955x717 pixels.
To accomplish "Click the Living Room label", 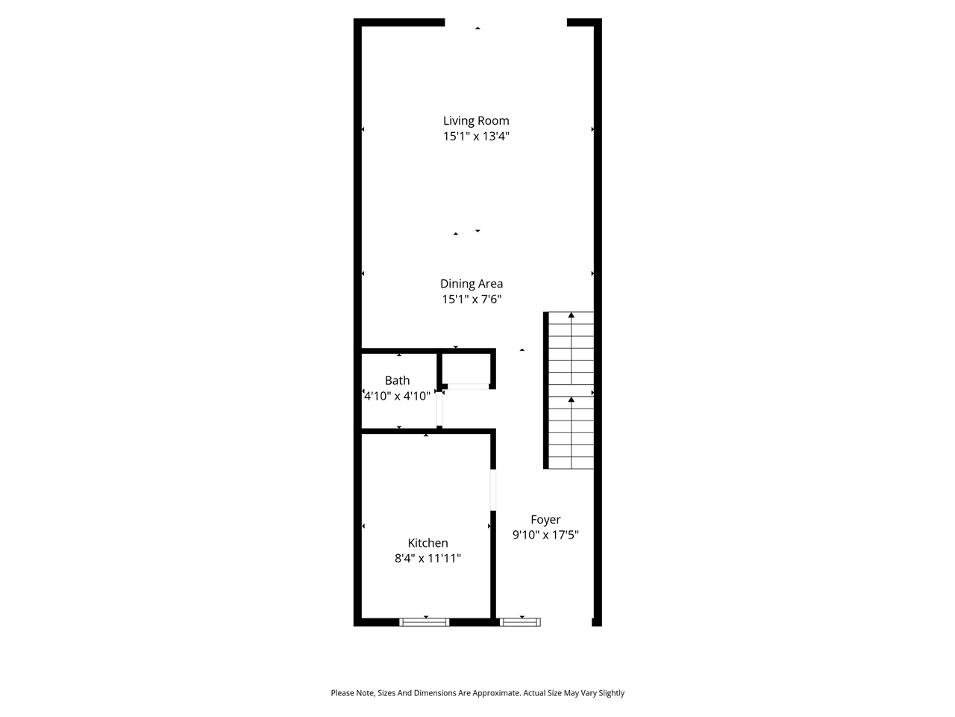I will point(476,120).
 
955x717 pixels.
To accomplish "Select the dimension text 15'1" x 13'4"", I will point(476,136).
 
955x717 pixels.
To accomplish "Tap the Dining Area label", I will point(472,283).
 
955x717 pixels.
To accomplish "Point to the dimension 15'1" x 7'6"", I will point(472,299).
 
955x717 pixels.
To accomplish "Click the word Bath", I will point(397,380).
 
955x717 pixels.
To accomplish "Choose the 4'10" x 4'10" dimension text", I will point(397,396).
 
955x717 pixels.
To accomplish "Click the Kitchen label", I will point(428,543).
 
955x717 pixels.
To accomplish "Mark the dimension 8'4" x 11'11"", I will point(428,558).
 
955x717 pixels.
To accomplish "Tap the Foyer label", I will point(545,520).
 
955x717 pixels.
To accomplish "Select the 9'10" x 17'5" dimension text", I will point(545,535).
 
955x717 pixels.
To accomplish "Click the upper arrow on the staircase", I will point(572,316).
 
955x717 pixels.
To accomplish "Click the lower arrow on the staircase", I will point(572,400).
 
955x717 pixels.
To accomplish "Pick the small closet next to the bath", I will point(466,369).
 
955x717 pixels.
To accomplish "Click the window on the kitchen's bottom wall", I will point(425,621).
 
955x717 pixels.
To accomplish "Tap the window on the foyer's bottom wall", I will point(520,621).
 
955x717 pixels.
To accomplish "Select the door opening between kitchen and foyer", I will point(493,489).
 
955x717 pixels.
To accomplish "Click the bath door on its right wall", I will point(440,409).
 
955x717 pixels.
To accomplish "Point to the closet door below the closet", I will point(468,386).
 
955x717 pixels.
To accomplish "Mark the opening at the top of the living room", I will point(506,22).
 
